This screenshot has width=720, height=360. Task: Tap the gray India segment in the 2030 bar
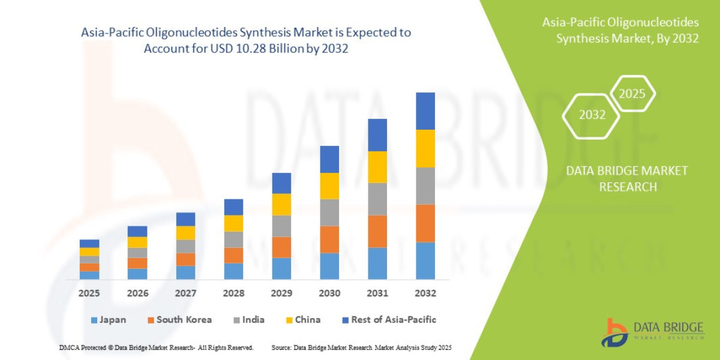(329, 212)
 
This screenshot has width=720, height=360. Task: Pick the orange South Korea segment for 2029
(281, 247)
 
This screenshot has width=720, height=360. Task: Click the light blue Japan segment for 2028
(233, 271)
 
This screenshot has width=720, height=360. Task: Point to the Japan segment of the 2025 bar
(89, 275)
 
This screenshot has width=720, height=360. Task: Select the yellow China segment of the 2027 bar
(185, 233)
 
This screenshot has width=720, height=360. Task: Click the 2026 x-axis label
(137, 293)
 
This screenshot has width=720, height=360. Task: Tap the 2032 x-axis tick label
(425, 293)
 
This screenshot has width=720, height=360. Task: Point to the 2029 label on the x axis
(281, 293)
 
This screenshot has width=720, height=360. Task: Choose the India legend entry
(248, 320)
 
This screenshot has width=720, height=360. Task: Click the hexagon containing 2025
(632, 94)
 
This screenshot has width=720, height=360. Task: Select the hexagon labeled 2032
(592, 115)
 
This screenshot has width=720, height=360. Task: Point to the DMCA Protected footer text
(156, 347)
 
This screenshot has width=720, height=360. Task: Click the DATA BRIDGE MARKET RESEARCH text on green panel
(627, 179)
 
